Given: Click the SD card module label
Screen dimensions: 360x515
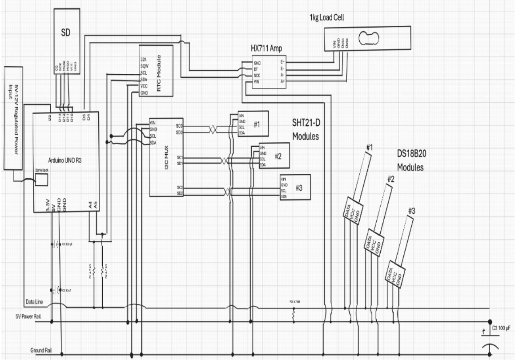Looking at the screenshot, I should [x=66, y=34].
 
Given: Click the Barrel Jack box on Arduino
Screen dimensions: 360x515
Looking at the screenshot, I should [x=41, y=180].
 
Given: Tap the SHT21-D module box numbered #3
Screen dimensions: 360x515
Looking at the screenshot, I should [x=294, y=187].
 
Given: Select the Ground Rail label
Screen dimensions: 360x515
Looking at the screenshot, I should [x=40, y=350].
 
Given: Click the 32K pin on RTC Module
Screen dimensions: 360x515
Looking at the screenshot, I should [x=144, y=59].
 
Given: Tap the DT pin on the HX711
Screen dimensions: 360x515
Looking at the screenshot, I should [x=257, y=69].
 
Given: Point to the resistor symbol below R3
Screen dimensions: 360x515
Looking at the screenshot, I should [x=294, y=315].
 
